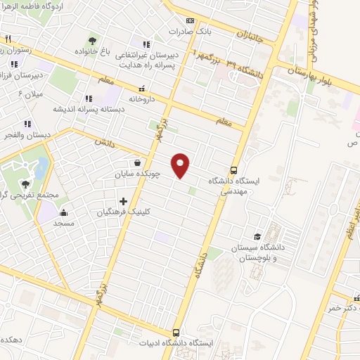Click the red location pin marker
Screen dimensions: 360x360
pos(181,165)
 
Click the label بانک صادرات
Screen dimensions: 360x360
pos(191,32)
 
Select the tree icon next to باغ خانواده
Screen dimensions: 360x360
pos(92,40)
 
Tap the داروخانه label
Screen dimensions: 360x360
pos(141,99)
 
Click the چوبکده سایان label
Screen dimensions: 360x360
pos(138,174)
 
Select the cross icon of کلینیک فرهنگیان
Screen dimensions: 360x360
pos(124,201)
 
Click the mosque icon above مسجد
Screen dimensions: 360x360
pos(64,212)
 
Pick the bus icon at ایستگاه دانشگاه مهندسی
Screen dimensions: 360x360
pos(233,169)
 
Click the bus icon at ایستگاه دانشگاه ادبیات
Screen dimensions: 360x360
pos(176,333)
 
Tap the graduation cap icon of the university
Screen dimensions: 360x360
pos(257,236)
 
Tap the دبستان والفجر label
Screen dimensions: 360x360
pos(25,134)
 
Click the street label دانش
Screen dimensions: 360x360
pos(104,141)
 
